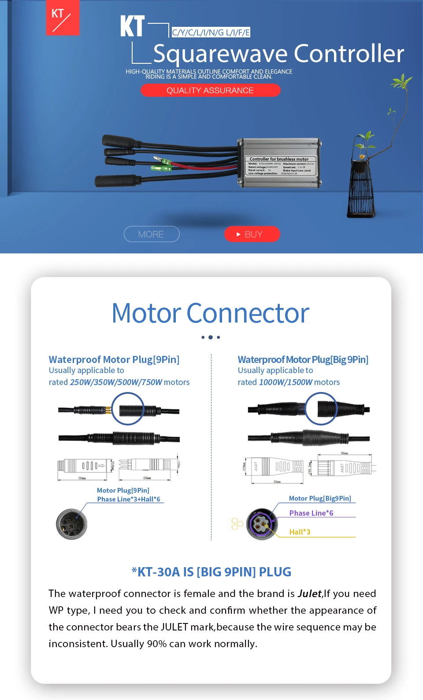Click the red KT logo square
63,18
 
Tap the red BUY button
252,234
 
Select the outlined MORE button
152,234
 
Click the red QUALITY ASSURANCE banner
210,90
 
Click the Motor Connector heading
211,313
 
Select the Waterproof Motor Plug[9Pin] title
114,359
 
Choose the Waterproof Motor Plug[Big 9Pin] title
303,359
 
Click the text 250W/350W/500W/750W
116,382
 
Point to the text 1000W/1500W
286,382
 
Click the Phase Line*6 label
311,513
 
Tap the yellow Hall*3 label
300,532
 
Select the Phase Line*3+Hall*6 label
129,499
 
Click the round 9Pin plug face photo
71,524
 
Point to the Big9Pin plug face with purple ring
262,524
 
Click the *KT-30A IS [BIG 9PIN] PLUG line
211,572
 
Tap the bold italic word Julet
309,594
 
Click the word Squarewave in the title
221,54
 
